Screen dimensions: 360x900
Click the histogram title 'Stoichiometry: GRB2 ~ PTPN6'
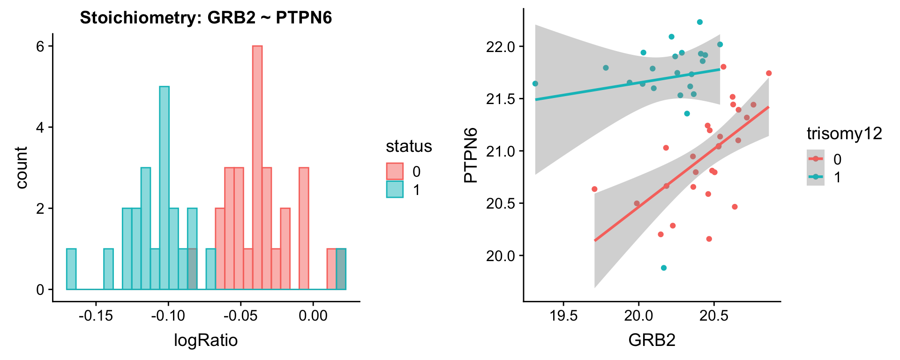206,18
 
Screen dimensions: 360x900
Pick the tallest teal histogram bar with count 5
164,187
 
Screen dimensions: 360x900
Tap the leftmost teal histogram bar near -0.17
71,269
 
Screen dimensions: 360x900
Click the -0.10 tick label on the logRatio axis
168,315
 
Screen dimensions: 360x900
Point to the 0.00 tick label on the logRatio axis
313,315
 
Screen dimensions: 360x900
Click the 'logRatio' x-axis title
206,340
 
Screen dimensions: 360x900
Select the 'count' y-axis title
22,167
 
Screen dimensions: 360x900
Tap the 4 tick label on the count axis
40,127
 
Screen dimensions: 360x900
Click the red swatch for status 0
395,171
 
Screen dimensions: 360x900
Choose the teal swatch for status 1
395,189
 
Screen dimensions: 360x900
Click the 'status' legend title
409,146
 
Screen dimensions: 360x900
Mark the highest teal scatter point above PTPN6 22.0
700,22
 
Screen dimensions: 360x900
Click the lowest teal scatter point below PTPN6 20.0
664,268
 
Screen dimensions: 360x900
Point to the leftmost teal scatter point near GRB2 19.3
535,83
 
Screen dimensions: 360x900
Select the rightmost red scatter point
769,73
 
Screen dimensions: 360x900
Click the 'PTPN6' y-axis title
471,155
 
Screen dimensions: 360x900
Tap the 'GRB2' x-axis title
652,340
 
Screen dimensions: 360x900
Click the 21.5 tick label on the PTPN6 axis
501,99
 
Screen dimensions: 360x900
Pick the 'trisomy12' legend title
844,134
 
